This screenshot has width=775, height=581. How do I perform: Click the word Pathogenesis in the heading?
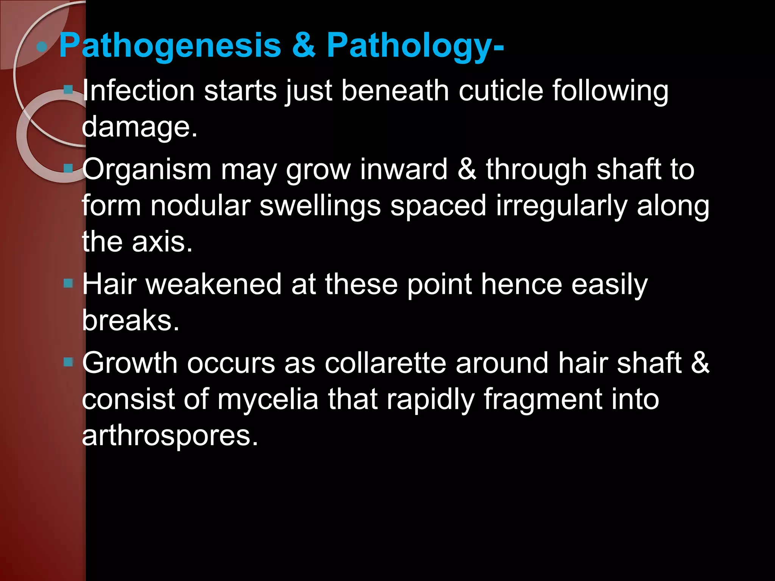coord(170,46)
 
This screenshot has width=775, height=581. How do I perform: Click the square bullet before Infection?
coord(68,90)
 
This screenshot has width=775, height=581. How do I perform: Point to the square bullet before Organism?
coord(68,168)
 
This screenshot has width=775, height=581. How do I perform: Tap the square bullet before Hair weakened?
coord(68,283)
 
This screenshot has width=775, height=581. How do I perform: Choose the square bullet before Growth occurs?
coord(68,362)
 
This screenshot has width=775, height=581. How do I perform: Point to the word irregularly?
coord(561,206)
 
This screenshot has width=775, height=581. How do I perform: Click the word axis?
coord(162,242)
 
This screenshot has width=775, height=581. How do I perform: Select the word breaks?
coord(130,320)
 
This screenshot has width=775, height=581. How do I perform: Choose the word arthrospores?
coord(170,436)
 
